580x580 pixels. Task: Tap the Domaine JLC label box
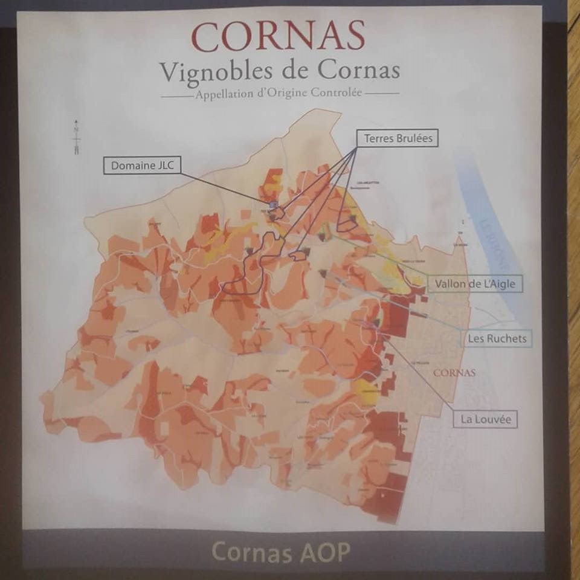point(142,166)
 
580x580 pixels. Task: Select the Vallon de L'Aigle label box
point(474,283)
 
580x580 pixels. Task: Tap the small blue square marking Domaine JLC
point(273,206)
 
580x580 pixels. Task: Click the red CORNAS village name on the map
point(455,373)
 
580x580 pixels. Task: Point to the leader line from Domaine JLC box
point(224,185)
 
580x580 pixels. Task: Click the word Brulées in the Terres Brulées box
point(414,138)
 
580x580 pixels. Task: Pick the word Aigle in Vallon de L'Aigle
point(504,283)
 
